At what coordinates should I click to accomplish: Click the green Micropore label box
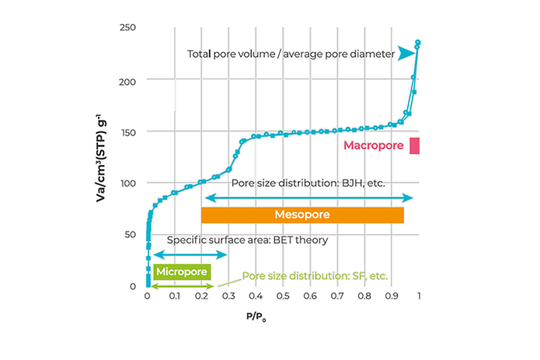tap(182, 272)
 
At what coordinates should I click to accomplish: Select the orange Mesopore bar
tap(302, 215)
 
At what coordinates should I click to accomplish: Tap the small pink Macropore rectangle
tap(414, 145)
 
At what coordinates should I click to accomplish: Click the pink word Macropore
tap(374, 145)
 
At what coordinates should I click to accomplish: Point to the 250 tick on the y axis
tap(128, 27)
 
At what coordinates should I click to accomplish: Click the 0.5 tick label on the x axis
tap(282, 296)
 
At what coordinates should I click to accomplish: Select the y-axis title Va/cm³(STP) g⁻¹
tap(101, 158)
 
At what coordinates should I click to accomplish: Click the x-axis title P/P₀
tap(256, 316)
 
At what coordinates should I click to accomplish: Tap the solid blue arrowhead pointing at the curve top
tap(406, 54)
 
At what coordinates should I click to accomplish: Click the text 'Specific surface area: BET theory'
tap(247, 240)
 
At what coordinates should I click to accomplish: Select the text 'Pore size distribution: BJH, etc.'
tap(308, 183)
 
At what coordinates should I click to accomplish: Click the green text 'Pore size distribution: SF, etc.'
tap(314, 276)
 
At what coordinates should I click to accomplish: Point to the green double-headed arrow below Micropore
tap(182, 286)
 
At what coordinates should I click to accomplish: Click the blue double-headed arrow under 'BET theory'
tap(190, 255)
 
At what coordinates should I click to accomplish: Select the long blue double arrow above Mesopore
tap(309, 198)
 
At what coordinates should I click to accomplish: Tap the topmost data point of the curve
tap(418, 42)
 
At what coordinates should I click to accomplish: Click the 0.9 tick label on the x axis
tap(392, 296)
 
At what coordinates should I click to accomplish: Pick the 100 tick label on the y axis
tap(128, 183)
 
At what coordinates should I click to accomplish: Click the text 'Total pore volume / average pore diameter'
tap(291, 54)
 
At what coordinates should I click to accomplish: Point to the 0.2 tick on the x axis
tap(202, 296)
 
